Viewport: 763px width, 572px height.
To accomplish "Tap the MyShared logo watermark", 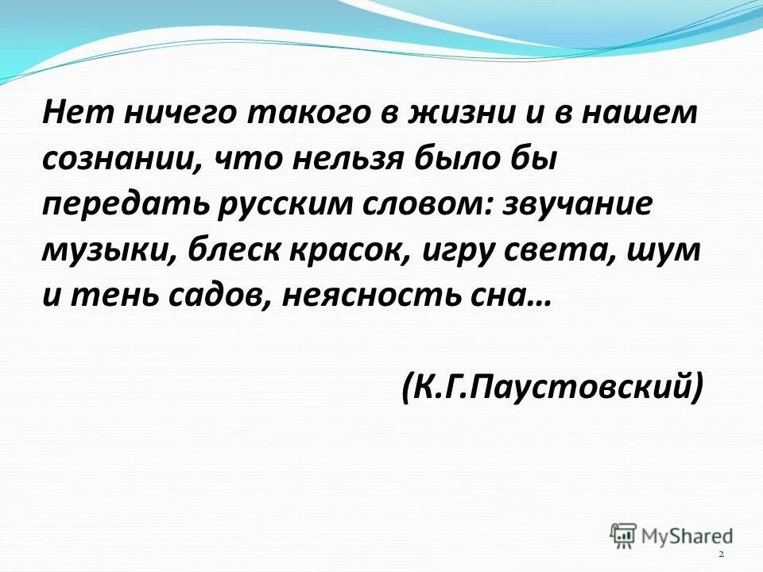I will (671, 534).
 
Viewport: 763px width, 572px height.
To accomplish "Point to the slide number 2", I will (721, 553).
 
